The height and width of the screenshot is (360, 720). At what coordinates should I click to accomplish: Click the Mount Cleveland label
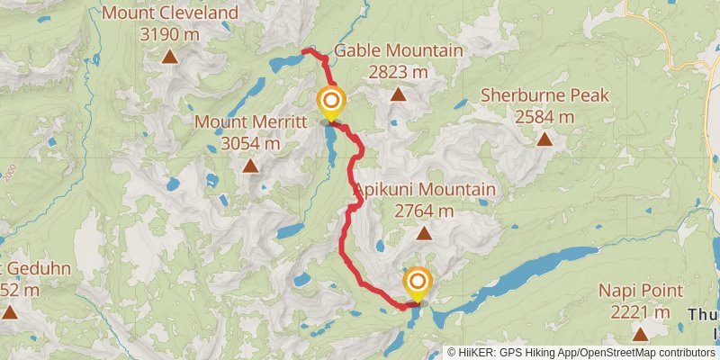170,13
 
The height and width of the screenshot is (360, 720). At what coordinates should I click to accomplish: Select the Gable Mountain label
398,50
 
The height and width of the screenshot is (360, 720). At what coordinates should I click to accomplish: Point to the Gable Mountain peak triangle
398,94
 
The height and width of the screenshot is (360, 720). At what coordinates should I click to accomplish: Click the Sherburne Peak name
544,95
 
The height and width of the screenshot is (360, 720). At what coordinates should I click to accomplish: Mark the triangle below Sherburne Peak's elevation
544,139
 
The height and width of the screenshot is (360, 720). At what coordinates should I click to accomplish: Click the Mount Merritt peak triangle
250,166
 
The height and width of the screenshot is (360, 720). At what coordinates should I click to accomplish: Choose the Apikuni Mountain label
425,190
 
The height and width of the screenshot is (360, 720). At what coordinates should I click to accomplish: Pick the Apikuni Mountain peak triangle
424,233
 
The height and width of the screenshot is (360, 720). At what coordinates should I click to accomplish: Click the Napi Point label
640,291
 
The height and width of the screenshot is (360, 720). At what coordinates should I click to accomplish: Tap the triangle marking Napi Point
640,334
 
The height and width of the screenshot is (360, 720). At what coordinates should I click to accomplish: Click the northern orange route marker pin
330,101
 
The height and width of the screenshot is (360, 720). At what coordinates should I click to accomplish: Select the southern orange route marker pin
417,283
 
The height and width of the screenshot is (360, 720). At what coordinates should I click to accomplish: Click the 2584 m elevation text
544,117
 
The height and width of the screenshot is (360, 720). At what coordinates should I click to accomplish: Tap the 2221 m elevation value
640,312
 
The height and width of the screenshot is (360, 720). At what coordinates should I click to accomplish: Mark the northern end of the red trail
304,50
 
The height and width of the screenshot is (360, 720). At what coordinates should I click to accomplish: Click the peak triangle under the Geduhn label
10,312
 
